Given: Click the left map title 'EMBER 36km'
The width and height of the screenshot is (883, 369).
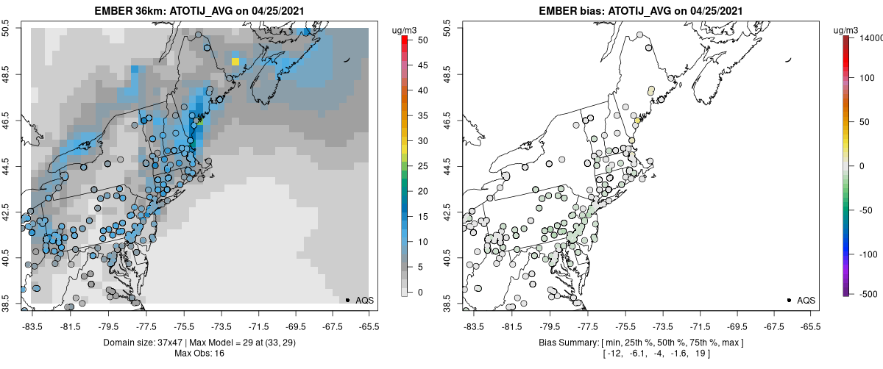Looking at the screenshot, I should pyautogui.click(x=126, y=11).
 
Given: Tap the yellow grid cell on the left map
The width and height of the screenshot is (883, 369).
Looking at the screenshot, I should pyautogui.click(x=235, y=62).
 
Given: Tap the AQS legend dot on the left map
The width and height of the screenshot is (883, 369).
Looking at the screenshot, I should pyautogui.click(x=347, y=300).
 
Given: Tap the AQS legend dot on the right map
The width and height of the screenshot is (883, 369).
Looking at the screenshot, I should pyautogui.click(x=789, y=300).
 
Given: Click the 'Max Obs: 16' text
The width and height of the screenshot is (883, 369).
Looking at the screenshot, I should pyautogui.click(x=199, y=354).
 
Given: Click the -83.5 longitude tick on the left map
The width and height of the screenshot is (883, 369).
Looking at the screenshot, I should pyautogui.click(x=33, y=326).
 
